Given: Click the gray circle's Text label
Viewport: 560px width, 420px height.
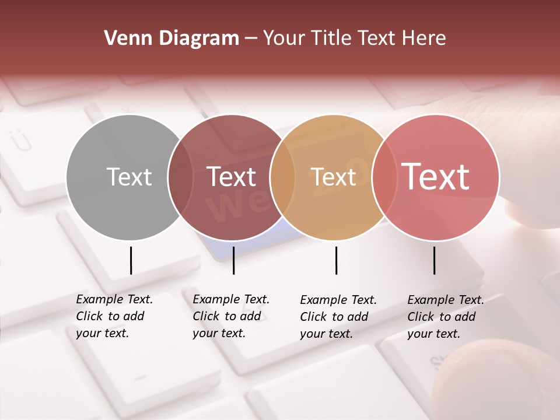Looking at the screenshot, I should [x=129, y=177].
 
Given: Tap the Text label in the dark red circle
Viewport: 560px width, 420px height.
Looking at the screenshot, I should [x=231, y=177].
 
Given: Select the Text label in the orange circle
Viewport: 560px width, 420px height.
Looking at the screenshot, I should [x=332, y=177].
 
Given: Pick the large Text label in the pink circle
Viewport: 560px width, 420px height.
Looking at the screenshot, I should [x=435, y=176].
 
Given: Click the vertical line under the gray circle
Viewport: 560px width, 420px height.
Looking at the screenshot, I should [x=131, y=260].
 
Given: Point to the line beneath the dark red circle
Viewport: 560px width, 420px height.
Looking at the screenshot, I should [x=233, y=260].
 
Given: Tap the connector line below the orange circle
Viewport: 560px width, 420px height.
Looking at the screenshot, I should [x=336, y=260].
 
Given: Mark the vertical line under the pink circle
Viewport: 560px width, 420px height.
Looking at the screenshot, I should [x=434, y=260].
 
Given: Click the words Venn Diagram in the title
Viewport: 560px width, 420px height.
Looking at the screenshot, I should [x=171, y=38].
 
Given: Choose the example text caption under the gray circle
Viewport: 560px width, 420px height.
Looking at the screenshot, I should [x=114, y=316].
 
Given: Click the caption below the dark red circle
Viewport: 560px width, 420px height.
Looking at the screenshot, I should [x=231, y=316].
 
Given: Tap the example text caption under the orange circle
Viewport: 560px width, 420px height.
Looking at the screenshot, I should [x=338, y=317].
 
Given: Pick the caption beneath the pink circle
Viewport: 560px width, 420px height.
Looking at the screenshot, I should [x=446, y=317].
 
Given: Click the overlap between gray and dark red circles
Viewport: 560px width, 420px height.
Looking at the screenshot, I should [x=180, y=177].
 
